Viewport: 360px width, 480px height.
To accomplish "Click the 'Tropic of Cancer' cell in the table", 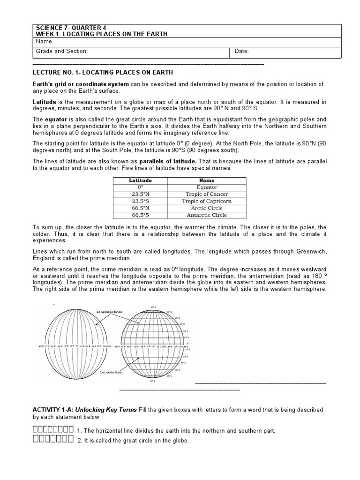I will coord(207,194).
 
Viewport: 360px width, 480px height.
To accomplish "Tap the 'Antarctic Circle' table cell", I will coord(207,215).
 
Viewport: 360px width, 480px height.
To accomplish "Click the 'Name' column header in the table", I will coord(207,180).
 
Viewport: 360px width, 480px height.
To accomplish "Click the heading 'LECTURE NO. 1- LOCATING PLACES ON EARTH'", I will coord(103,73).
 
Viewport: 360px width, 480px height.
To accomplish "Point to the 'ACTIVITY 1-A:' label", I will coord(53,410).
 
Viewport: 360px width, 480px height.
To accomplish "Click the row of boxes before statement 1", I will coord(53,430).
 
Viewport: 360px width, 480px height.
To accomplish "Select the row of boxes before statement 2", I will coord(53,440).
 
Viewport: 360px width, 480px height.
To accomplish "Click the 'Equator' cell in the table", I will coord(207,187).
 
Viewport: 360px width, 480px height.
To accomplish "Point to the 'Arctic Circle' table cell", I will coord(207,208).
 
